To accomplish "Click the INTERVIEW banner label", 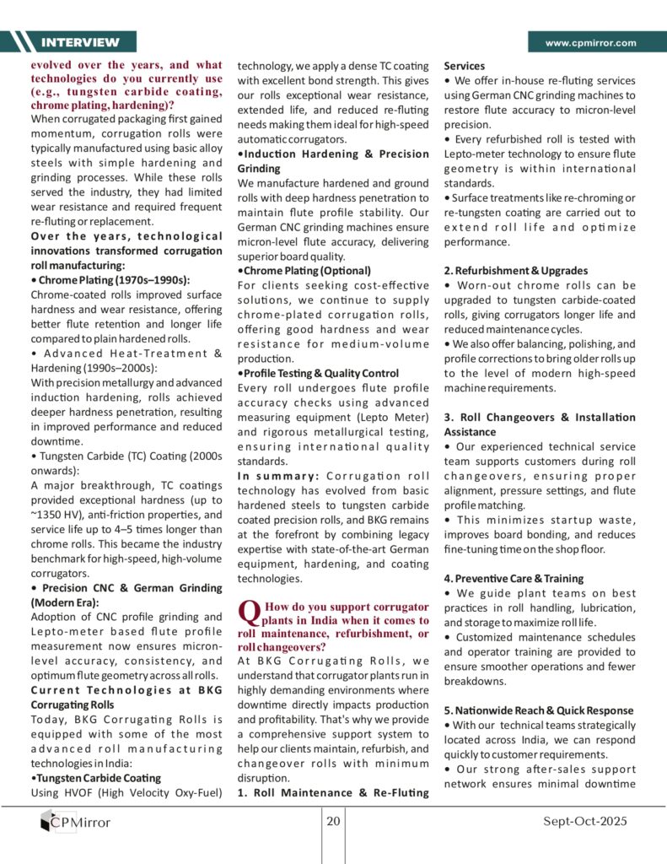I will (81, 42).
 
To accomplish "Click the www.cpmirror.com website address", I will (590, 42).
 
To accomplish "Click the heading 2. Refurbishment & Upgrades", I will (516, 271).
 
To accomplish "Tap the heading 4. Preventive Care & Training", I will (513, 579).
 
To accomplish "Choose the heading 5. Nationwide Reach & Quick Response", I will (539, 710).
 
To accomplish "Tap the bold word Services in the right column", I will (465, 65).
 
